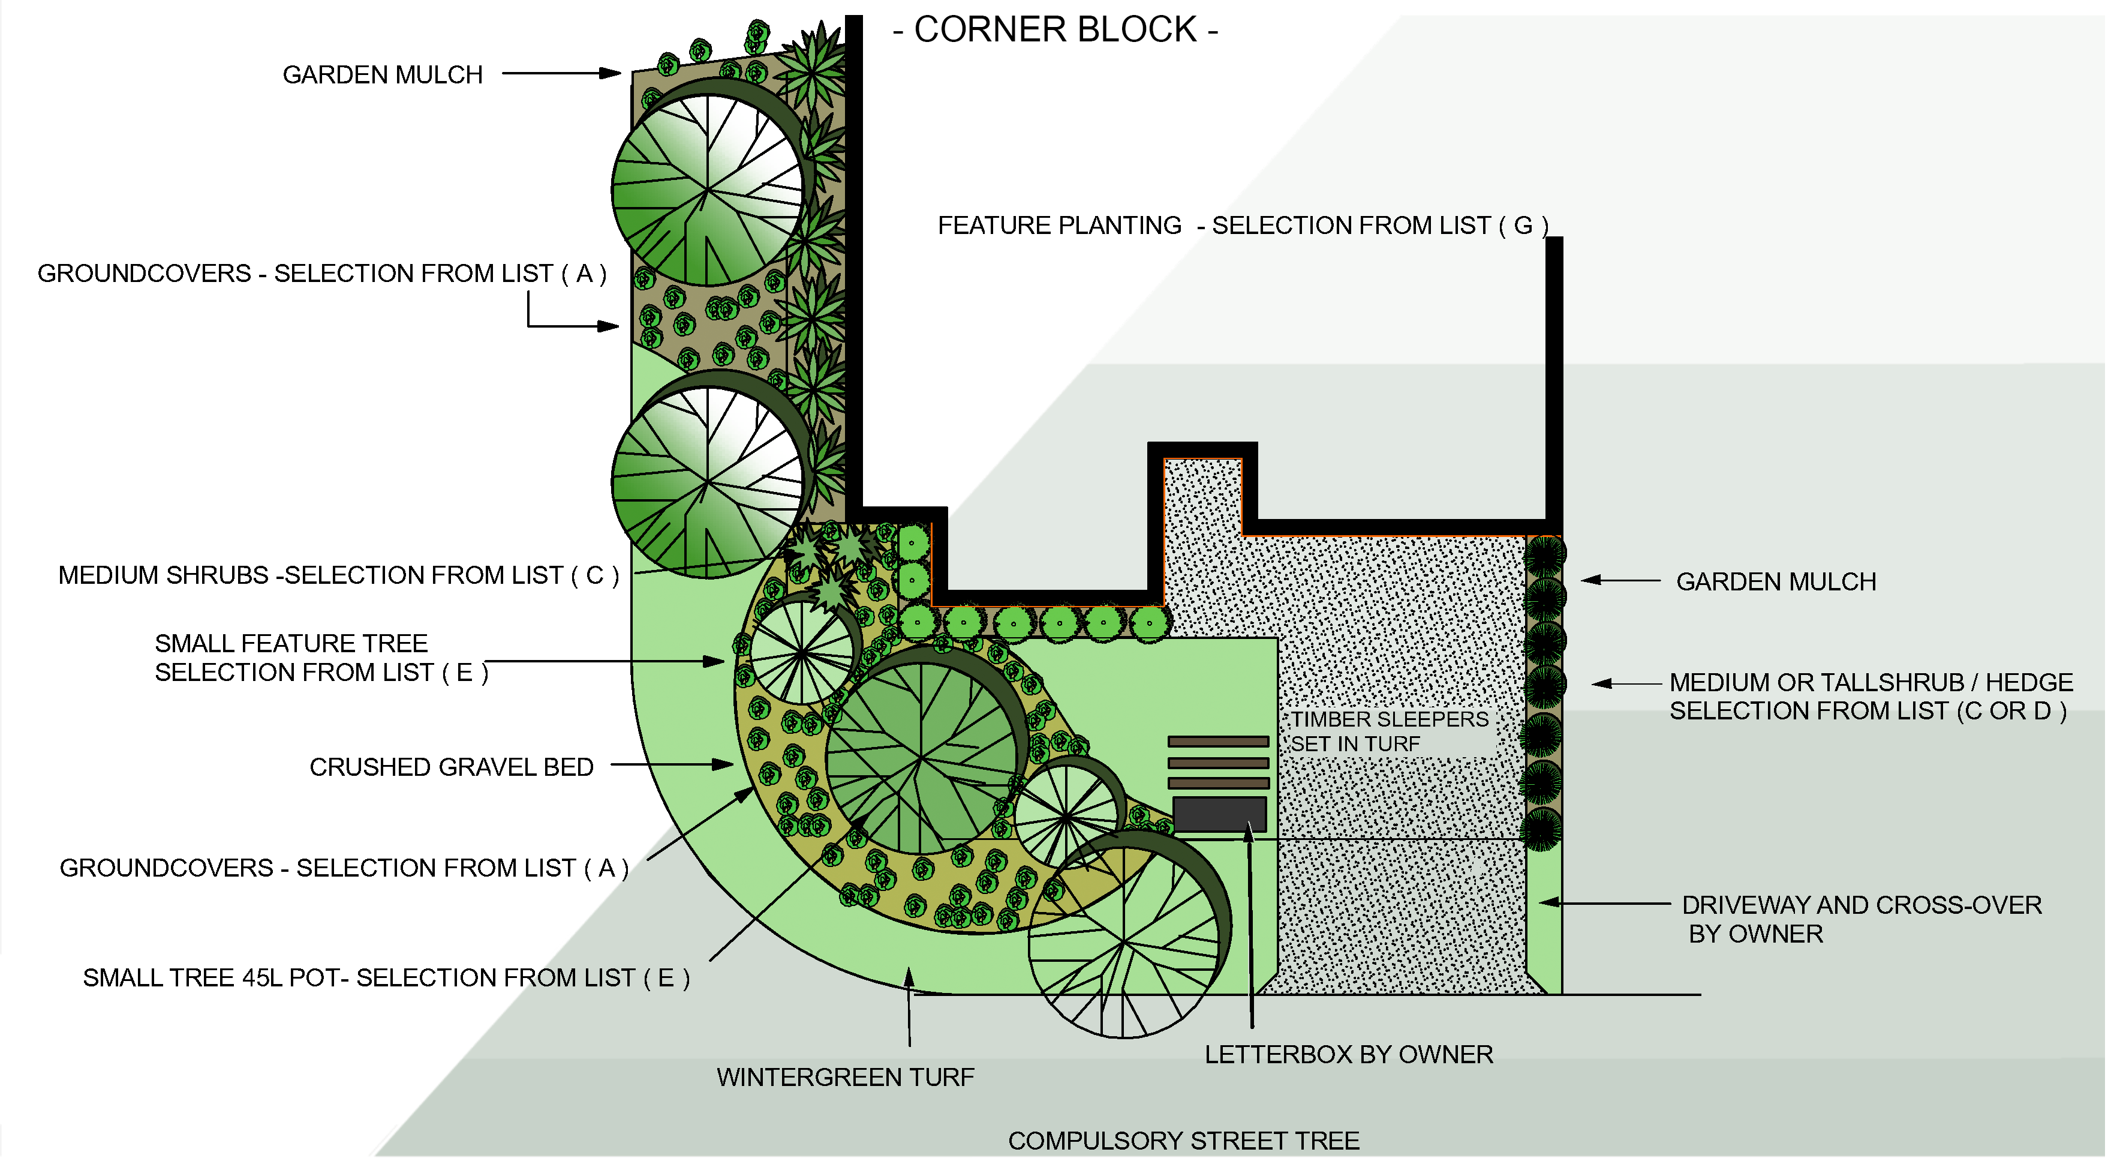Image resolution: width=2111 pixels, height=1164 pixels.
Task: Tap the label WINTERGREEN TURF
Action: pos(845,1077)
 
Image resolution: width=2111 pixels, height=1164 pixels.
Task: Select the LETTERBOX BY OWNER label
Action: pos(1348,1054)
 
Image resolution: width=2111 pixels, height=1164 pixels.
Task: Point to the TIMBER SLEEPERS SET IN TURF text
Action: pos(1389,731)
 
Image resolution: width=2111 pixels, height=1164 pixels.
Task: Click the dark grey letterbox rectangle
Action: pos(1219,814)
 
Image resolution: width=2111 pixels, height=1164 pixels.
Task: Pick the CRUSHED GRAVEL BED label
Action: pos(451,767)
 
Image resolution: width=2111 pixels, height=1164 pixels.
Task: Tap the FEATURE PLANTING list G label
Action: pos(1243,226)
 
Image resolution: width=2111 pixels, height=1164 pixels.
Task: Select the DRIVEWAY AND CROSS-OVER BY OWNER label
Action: pos(1860,919)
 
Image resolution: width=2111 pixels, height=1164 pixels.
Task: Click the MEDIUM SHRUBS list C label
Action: pos(338,575)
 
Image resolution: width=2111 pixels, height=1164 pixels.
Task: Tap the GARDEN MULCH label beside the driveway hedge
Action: pos(1775,582)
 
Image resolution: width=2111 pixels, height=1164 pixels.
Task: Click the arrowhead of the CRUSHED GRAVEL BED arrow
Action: pos(724,765)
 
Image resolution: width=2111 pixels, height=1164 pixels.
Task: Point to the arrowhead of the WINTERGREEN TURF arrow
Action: pos(908,974)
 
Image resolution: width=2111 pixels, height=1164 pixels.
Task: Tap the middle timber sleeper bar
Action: pos(1218,763)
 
